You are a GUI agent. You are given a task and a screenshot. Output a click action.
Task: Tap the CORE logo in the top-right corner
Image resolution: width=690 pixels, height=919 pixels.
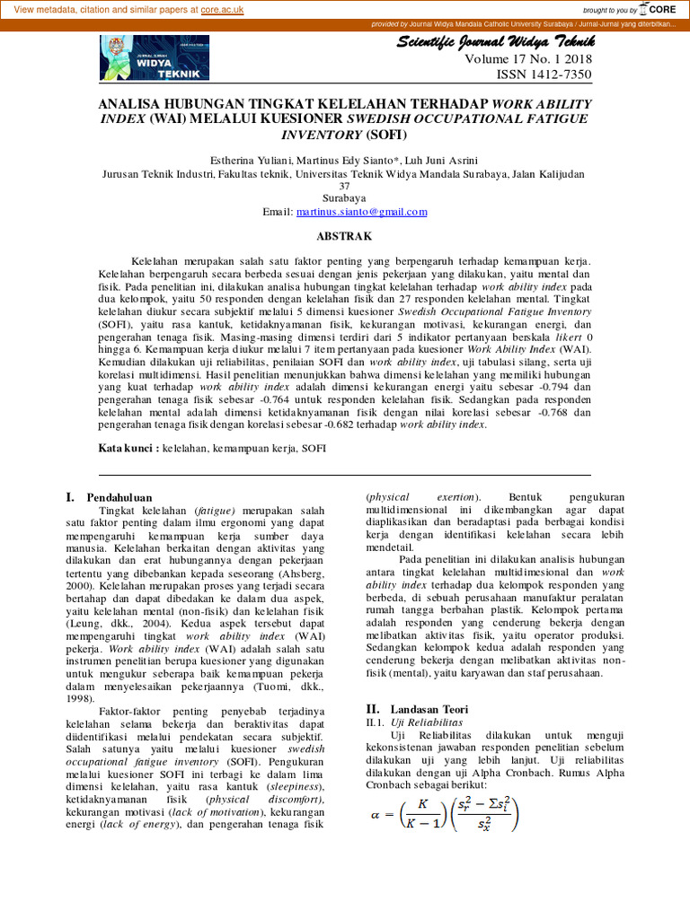tap(659, 9)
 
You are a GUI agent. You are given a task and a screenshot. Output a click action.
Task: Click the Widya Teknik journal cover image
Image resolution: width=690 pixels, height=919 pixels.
tap(155, 57)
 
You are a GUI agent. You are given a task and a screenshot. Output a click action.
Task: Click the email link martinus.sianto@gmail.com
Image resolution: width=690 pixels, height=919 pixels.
tap(358, 212)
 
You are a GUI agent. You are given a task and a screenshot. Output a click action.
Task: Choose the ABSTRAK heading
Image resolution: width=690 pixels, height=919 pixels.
tap(344, 236)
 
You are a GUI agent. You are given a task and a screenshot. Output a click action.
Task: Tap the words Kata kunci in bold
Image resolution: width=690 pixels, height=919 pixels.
tap(128, 447)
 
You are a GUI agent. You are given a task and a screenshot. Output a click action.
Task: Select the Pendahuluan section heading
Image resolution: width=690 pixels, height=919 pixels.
tap(119, 496)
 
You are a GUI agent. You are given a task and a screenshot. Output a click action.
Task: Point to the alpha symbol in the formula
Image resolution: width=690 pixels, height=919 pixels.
tap(376, 816)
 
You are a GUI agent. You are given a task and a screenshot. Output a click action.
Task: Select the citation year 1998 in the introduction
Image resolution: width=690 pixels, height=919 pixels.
tap(84, 697)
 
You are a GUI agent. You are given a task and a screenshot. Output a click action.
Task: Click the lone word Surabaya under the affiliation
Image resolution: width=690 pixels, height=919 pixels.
tap(344, 198)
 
